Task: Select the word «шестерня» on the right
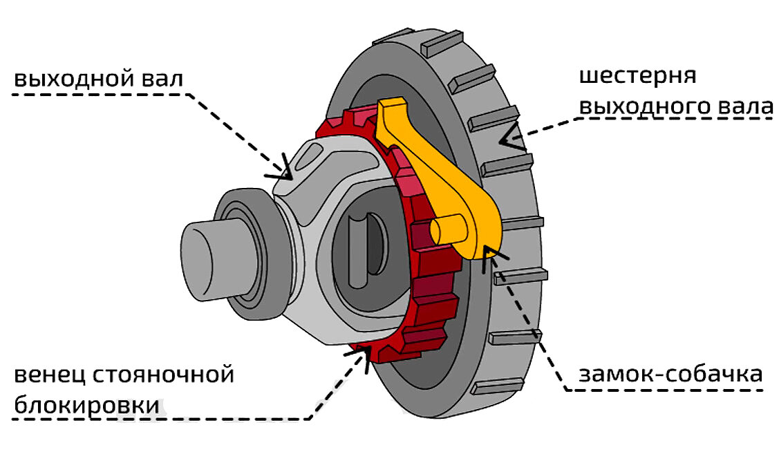637,77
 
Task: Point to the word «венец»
48,376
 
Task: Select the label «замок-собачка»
670,375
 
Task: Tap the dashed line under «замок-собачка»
664,390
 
